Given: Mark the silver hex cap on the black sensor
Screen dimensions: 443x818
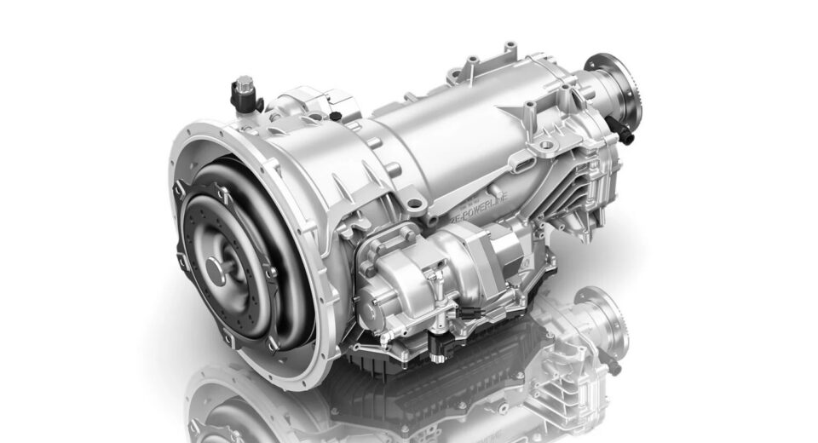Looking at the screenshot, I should (245, 83).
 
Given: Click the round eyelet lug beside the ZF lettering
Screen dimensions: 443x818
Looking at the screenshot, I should (414, 203).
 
